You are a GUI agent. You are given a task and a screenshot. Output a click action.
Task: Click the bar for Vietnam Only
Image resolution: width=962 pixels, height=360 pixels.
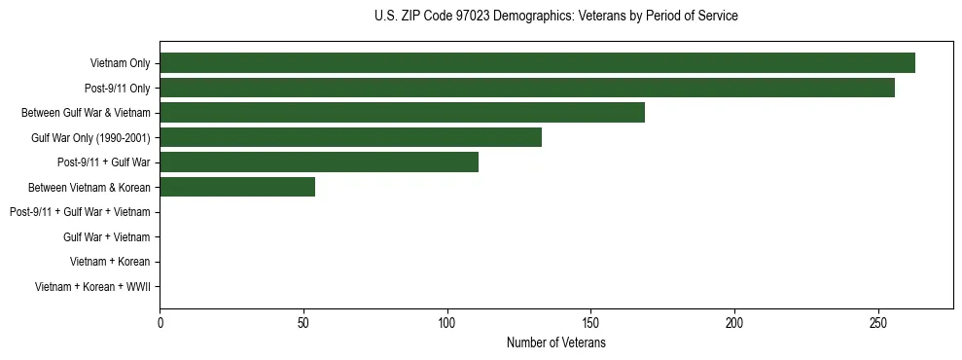click(x=537, y=63)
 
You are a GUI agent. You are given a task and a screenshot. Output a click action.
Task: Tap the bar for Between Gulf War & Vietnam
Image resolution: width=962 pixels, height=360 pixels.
click(x=402, y=113)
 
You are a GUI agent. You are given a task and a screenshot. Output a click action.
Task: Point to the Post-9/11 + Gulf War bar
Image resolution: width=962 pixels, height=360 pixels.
click(x=319, y=162)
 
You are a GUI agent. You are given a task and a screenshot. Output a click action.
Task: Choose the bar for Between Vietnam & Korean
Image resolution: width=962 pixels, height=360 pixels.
click(x=237, y=187)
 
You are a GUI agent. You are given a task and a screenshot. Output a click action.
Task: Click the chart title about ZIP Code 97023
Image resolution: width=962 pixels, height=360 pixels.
click(x=555, y=17)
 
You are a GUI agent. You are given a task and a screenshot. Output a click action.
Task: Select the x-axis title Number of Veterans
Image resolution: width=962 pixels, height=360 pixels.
click(x=555, y=343)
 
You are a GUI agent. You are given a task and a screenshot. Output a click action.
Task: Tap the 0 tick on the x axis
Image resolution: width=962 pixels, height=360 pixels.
click(x=160, y=322)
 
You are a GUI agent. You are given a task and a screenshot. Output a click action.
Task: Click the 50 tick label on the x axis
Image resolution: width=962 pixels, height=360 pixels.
click(x=303, y=322)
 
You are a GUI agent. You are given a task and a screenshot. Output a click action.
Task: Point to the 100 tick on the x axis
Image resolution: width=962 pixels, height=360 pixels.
click(x=447, y=322)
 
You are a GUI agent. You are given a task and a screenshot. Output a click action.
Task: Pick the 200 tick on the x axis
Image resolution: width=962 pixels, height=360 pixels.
click(x=734, y=322)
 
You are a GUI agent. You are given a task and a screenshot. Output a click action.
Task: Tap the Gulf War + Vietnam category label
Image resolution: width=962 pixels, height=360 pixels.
click(x=106, y=236)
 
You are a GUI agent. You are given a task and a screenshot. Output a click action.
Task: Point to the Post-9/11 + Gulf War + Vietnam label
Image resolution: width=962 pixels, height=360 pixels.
click(x=80, y=212)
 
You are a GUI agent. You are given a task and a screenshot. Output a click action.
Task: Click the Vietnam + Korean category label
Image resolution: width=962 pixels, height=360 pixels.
click(x=110, y=262)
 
